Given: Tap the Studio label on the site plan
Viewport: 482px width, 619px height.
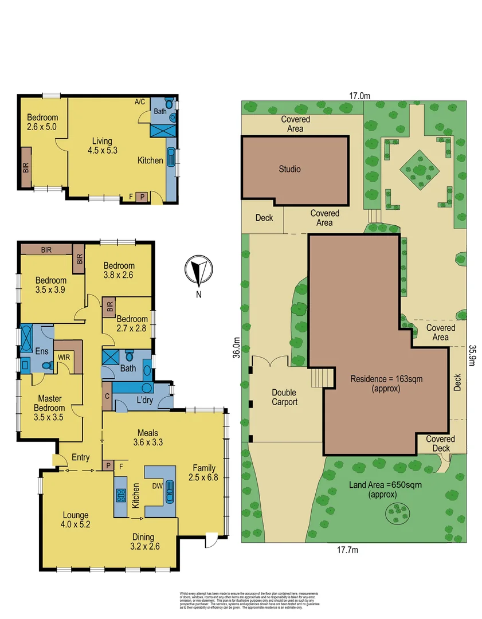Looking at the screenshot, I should pos(289,169).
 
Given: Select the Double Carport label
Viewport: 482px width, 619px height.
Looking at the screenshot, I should pos(284,397).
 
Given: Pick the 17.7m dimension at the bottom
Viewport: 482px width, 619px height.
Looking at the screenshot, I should pos(347,550).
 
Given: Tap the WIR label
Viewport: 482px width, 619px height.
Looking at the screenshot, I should pos(64,356).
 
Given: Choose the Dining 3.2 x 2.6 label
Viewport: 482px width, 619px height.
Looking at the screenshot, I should pos(143,542).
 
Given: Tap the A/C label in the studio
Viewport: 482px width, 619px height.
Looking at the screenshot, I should pos(140,102).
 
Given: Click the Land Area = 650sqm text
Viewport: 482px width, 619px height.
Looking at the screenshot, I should pos(385,489).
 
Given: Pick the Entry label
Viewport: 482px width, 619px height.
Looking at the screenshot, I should pos(80,457).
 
